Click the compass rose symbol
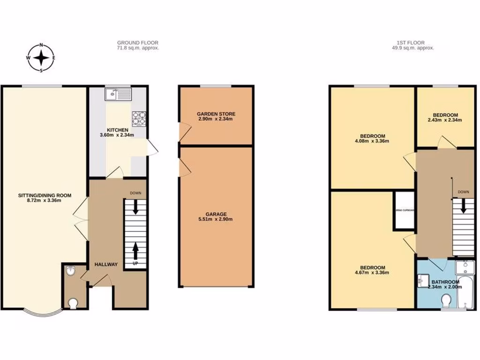[42, 58]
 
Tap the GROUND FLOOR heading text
[138, 43]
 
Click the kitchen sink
[112, 95]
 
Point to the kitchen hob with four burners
[139, 118]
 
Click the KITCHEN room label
[117, 130]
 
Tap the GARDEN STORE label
[216, 114]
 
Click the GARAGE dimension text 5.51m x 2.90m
[216, 219]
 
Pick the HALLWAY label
[105, 264]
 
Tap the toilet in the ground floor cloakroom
[72, 303]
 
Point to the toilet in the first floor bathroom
[447, 300]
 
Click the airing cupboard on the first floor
[405, 210]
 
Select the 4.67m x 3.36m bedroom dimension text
[373, 272]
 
